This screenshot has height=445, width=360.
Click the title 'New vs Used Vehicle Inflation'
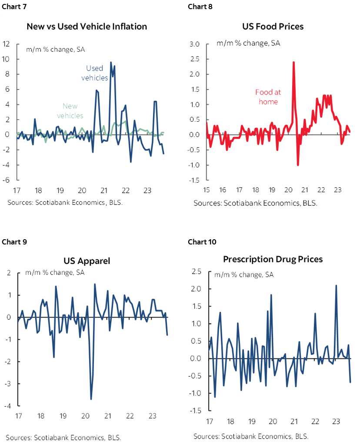coord(87,27)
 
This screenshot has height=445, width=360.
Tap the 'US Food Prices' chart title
coord(273,27)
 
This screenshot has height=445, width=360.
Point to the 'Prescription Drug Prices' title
coord(273,259)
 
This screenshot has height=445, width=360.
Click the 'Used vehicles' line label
coord(94,73)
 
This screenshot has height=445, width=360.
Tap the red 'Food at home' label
coord(268,97)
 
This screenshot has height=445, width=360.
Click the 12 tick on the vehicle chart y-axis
coord(7,44)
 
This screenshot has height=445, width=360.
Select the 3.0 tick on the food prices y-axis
coord(194,44)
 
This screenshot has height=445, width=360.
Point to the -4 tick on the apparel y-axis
coord(8,406)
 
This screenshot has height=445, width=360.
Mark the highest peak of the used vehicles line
coord(111,62)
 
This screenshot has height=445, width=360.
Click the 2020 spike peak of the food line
coord(293,62)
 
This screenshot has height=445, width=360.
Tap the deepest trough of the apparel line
coord(91,399)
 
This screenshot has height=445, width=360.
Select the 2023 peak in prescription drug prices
coord(336,286)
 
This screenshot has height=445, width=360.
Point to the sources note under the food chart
coord(255,203)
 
